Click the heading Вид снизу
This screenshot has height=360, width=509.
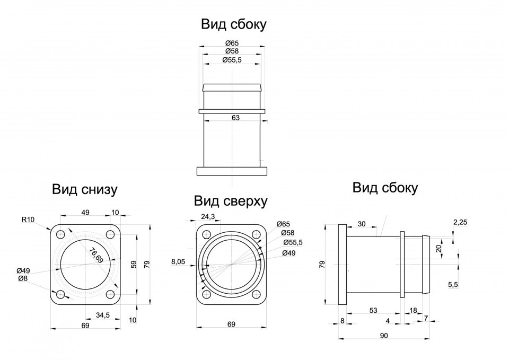point(84,189)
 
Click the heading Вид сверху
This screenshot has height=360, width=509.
point(231,201)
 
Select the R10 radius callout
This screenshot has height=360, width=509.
point(28,219)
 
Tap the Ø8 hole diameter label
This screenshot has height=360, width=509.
point(22,279)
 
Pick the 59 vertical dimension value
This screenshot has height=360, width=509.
point(134,264)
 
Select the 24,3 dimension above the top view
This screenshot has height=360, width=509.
point(208,216)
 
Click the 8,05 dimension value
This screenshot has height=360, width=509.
point(178,261)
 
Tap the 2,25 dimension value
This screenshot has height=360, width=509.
point(460,222)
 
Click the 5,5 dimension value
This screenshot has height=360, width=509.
point(453,285)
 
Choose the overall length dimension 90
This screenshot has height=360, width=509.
point(384,335)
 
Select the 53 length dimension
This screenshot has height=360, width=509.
point(373,310)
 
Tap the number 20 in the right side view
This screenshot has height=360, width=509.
point(438,249)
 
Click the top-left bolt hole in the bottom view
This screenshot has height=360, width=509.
point(60,234)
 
